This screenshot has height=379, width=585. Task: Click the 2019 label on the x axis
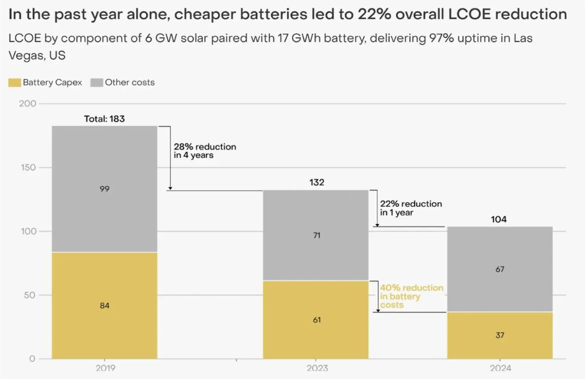(105, 368)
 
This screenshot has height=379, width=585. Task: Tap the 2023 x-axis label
(317, 368)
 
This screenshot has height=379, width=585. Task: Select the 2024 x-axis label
(500, 368)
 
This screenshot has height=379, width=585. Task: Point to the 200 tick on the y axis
(28, 104)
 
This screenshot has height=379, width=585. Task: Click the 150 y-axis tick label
(28, 167)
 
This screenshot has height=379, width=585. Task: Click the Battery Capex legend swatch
(15, 83)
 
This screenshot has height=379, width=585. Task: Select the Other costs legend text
(129, 83)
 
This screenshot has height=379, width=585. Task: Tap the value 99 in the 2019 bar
(104, 189)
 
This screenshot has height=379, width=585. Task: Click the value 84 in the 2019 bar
(104, 306)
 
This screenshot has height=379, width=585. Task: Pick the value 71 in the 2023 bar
(317, 235)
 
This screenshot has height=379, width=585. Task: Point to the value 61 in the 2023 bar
(317, 320)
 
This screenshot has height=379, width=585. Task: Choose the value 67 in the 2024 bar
(500, 269)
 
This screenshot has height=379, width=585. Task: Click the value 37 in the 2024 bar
(500, 336)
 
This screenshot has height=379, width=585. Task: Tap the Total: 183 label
(104, 119)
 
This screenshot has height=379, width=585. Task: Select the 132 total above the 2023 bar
(317, 183)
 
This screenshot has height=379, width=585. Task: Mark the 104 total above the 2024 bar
(499, 220)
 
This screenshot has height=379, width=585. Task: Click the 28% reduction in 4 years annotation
(204, 151)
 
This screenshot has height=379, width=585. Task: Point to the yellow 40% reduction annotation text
(411, 296)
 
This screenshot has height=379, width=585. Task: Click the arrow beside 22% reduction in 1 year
(377, 208)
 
